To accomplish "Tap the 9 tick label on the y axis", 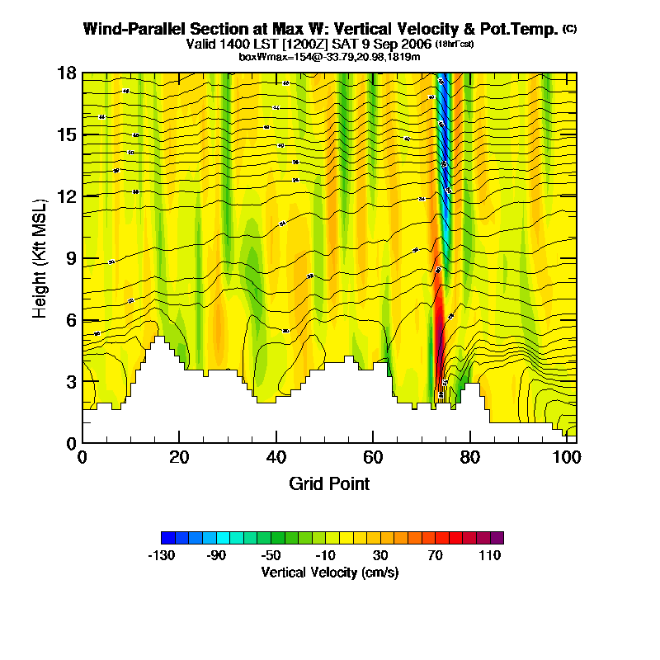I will click(71, 258).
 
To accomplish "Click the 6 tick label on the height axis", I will click(71, 320).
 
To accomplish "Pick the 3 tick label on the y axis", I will click(71, 382).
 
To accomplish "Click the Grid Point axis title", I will click(329, 483).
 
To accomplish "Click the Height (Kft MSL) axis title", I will click(40, 258).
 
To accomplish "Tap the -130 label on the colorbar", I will click(161, 556).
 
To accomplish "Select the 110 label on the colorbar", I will click(490, 556).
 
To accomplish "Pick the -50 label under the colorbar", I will click(271, 556).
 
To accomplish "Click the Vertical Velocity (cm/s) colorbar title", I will click(330, 572).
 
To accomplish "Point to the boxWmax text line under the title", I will click(330, 56).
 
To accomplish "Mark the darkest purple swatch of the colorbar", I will click(497, 538).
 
